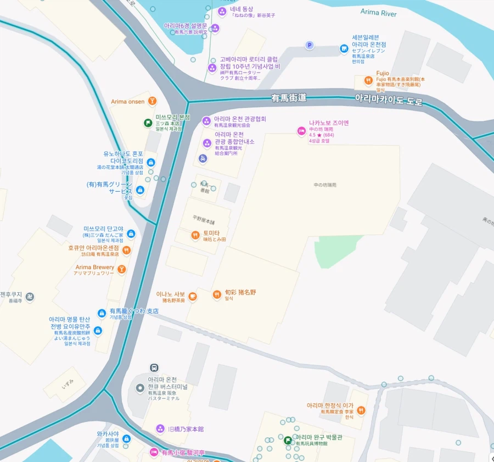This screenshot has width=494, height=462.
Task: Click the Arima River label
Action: [x=378, y=12]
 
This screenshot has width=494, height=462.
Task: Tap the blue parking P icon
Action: [x=310, y=46]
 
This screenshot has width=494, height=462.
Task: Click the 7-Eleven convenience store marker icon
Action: [x=344, y=49]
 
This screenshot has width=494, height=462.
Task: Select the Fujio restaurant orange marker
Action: [x=368, y=81]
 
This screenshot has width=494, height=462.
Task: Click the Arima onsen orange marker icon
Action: [x=152, y=101]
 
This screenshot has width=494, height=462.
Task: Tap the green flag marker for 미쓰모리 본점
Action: [x=148, y=123]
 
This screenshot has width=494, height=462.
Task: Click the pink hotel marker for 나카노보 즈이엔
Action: [x=301, y=131]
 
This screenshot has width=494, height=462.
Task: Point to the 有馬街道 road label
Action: [x=288, y=98]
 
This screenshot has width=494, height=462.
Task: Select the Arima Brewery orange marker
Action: [x=122, y=269]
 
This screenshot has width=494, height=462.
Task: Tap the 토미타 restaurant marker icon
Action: [x=195, y=236]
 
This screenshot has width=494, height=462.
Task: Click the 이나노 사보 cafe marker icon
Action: [x=192, y=297]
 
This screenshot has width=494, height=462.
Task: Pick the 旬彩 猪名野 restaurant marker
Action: [x=217, y=295]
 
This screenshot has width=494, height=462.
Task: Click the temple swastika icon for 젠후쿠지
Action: [x=30, y=297]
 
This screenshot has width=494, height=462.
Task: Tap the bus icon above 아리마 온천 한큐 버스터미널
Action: [x=155, y=368]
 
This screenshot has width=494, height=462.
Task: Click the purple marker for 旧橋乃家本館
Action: [x=160, y=428]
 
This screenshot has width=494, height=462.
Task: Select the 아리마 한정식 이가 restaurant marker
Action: [x=361, y=410]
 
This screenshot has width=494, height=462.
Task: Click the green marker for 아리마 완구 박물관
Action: [x=288, y=440]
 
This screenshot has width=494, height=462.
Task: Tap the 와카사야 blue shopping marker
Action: [x=127, y=439]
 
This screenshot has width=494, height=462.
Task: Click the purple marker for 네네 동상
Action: [x=222, y=12]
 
